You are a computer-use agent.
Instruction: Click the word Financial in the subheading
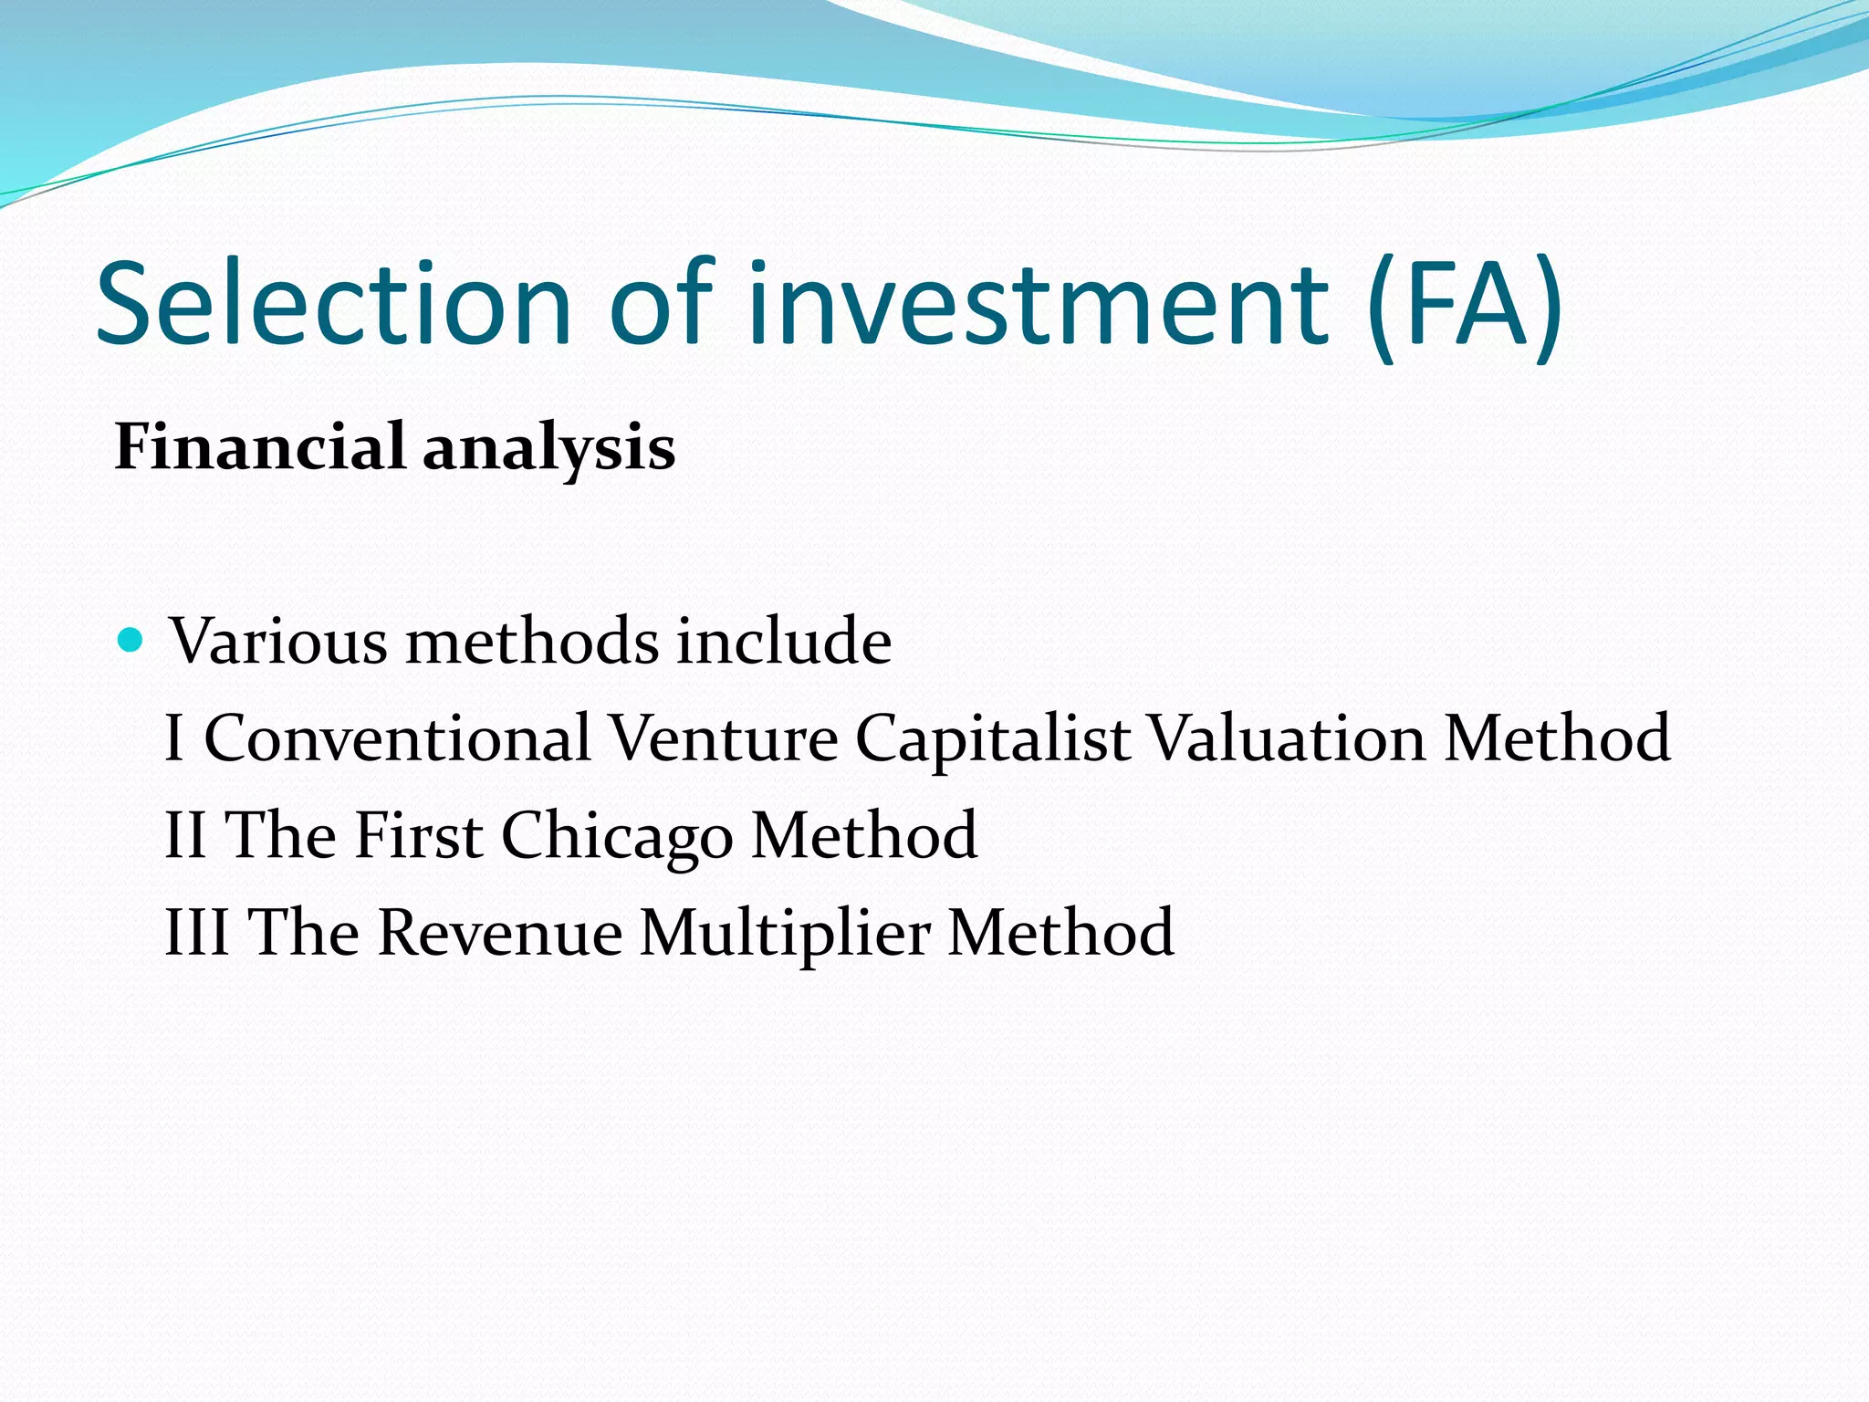260,447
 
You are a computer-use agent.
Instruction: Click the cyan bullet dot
131,638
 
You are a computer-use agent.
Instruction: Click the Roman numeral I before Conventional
174,738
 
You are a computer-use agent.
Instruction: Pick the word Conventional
397,738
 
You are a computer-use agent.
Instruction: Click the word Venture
723,738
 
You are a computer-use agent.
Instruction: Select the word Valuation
1286,738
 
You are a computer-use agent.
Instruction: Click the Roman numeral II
184,835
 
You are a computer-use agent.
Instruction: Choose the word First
418,835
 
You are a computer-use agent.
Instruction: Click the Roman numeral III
195,933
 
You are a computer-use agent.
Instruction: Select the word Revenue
500,933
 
